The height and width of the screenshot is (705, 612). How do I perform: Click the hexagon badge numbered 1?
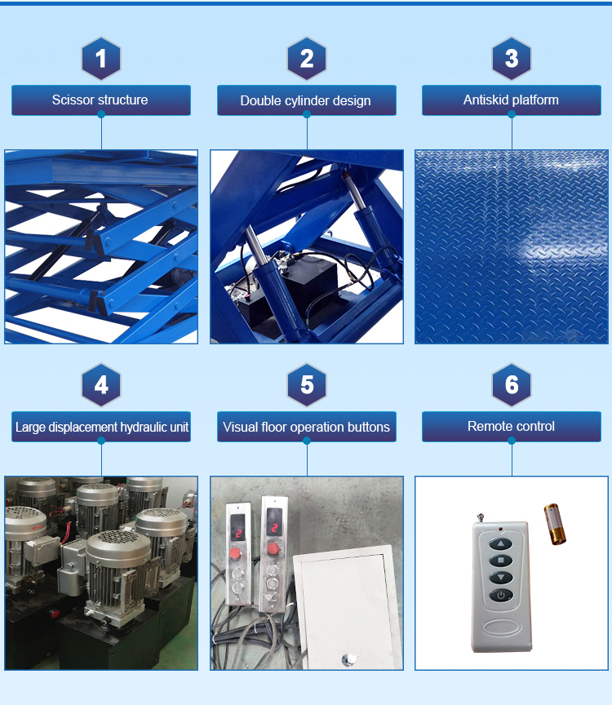pos(101,59)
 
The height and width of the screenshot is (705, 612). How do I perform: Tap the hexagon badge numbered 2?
pos(307,59)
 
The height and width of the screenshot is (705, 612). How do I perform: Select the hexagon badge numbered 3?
pos(512,59)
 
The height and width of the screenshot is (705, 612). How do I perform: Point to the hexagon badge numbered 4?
pos(101,385)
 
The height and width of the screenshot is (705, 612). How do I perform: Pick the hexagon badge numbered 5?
pos(307,385)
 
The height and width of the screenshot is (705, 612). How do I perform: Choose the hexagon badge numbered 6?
pos(512,385)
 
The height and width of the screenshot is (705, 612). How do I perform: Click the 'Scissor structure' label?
pos(101,100)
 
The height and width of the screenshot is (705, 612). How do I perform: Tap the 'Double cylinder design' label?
pos(307,100)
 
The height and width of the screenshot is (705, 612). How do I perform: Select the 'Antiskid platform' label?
pos(512,100)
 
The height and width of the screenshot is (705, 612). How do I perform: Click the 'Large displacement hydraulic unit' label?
pos(101,427)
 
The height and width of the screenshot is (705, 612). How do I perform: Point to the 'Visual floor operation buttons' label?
pos(307,427)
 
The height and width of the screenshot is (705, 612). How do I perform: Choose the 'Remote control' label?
pos(512,427)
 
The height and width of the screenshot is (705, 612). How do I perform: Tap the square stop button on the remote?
pos(500,561)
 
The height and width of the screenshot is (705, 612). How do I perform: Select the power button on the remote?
pos(500,595)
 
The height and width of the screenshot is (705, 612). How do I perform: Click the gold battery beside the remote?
pos(555,524)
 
